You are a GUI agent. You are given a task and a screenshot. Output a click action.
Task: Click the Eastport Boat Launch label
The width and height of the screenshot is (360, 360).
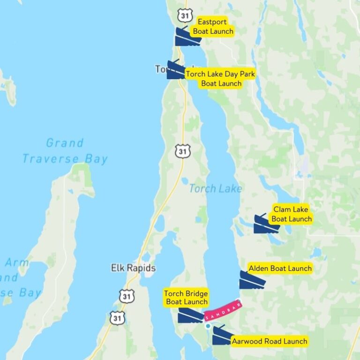(212, 27)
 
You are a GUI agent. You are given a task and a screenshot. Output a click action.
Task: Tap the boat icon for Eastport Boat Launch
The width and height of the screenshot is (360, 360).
(187, 37)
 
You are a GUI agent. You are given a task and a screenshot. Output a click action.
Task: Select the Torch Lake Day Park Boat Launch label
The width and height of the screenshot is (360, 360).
(220, 79)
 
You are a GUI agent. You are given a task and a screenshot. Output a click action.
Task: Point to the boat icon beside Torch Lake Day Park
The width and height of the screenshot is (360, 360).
(176, 70)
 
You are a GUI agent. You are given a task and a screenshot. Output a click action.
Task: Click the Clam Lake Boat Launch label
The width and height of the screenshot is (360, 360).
(292, 214)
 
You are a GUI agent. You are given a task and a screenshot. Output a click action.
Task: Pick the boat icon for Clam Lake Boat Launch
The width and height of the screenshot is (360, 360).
(266, 224)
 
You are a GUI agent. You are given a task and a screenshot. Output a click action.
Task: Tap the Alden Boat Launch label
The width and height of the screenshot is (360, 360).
(280, 269)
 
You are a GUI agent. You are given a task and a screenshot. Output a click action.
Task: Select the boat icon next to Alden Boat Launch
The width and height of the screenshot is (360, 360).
(252, 280)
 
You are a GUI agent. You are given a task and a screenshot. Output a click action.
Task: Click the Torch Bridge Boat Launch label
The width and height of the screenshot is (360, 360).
(186, 298)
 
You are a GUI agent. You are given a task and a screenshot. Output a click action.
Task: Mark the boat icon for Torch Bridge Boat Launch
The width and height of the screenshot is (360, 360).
(190, 315)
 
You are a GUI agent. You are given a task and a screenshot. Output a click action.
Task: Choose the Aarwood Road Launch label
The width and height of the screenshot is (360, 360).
(270, 341)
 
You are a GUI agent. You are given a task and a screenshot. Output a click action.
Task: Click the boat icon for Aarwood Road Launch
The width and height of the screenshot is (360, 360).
(221, 336)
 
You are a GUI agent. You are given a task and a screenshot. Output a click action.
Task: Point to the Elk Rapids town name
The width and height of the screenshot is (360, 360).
(133, 269)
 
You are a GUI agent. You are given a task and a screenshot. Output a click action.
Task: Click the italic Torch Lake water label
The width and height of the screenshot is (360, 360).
(215, 188)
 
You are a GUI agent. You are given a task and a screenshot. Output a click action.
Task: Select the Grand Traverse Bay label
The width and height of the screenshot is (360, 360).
(65, 151)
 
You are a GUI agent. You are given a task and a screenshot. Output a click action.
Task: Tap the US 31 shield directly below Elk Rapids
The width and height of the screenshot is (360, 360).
(126, 296)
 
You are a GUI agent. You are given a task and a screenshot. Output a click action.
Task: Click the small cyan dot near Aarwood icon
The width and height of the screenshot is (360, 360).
(208, 325)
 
